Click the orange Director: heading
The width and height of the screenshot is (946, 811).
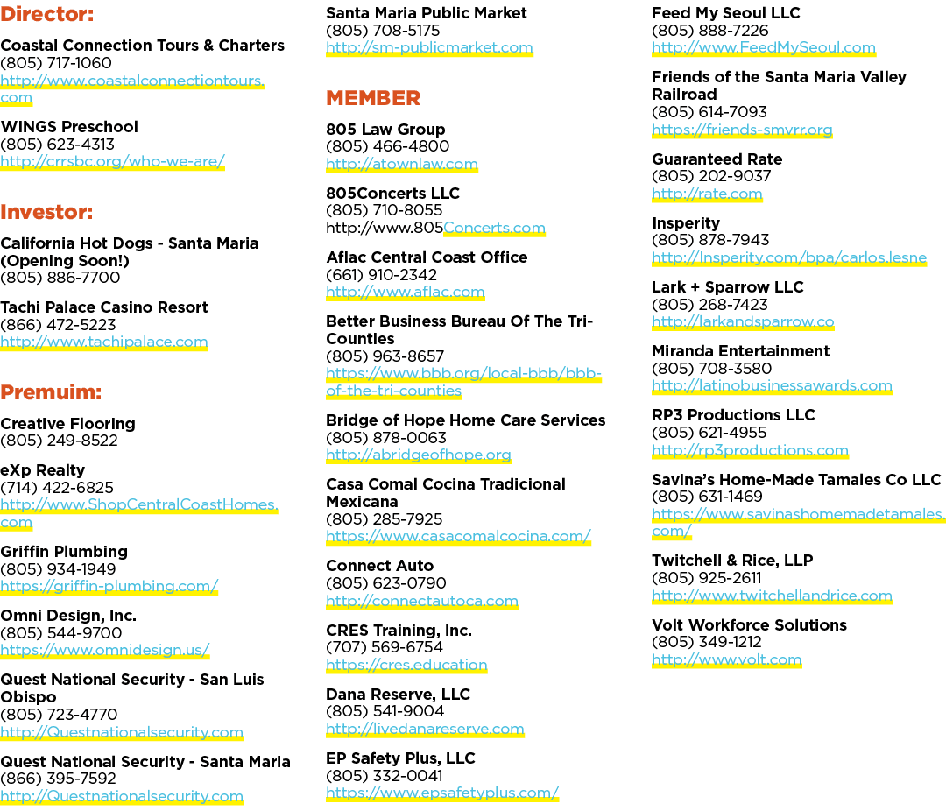pyautogui.click(x=47, y=14)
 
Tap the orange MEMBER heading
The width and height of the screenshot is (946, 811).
pyautogui.click(x=373, y=98)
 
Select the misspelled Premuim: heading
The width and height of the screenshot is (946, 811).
pyautogui.click(x=51, y=392)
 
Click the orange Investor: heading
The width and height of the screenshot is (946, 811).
pyautogui.click(x=46, y=212)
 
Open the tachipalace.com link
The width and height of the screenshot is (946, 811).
pyautogui.click(x=103, y=342)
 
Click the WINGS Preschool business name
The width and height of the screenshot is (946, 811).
pyautogui.click(x=69, y=127)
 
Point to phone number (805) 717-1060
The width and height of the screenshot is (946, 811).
pyautogui.click(x=56, y=63)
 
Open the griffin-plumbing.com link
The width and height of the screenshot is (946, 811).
pyautogui.click(x=109, y=587)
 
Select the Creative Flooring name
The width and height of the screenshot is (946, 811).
pyautogui.click(x=67, y=424)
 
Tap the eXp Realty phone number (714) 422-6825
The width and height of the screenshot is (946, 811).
pyautogui.click(x=57, y=488)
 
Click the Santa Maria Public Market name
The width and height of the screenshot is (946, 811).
pyautogui.click(x=426, y=12)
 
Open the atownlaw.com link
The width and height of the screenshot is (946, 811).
pyautogui.click(x=402, y=164)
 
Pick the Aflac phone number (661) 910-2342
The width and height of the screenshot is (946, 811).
pyautogui.click(x=381, y=275)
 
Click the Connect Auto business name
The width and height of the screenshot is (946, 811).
pyautogui.click(x=379, y=566)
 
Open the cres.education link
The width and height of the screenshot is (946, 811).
pyautogui.click(x=406, y=665)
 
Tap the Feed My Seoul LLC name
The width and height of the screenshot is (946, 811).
pyautogui.click(x=726, y=12)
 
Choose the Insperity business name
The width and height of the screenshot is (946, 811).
pyautogui.click(x=686, y=223)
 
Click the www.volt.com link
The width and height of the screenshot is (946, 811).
pyautogui.click(x=727, y=660)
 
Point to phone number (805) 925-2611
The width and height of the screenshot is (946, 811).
pyautogui.click(x=707, y=578)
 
